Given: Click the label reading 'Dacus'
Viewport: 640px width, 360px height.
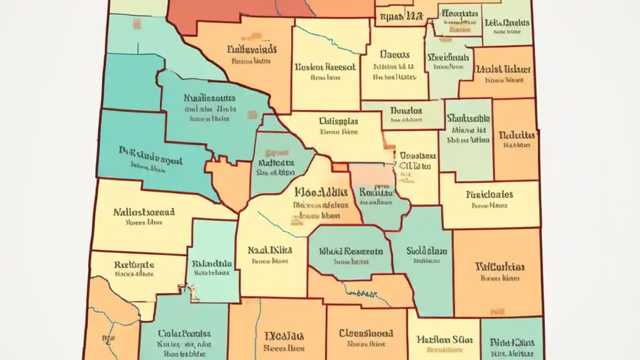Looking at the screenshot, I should tap(394, 55).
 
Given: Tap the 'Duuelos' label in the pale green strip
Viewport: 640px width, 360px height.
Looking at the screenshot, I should tap(405, 110).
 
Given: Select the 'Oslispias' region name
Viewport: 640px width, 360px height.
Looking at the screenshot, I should tap(338, 121).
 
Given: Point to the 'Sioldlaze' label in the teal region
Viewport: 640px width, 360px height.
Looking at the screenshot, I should tap(426, 250).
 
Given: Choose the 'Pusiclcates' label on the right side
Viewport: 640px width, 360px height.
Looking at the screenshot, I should tap(489, 194).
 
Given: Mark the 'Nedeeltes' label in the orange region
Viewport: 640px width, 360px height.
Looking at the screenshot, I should tap(517, 135).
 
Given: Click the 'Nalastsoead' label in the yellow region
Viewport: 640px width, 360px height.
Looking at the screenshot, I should tap(144, 211).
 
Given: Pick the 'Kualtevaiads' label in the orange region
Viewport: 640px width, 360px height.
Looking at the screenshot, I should tap(251, 49).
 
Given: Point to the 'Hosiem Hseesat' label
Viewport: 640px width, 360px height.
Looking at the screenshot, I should tap(325, 66).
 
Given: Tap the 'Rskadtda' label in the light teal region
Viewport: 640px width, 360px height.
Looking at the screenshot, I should tap(211, 263).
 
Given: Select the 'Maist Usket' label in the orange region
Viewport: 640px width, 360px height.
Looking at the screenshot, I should tap(502, 69).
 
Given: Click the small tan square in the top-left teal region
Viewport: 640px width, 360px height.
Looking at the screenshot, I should tap(136, 23).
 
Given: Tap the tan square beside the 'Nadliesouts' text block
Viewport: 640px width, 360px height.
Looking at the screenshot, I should tap(252, 115).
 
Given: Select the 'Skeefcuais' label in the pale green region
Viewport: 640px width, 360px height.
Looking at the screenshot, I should tap(448, 56).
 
